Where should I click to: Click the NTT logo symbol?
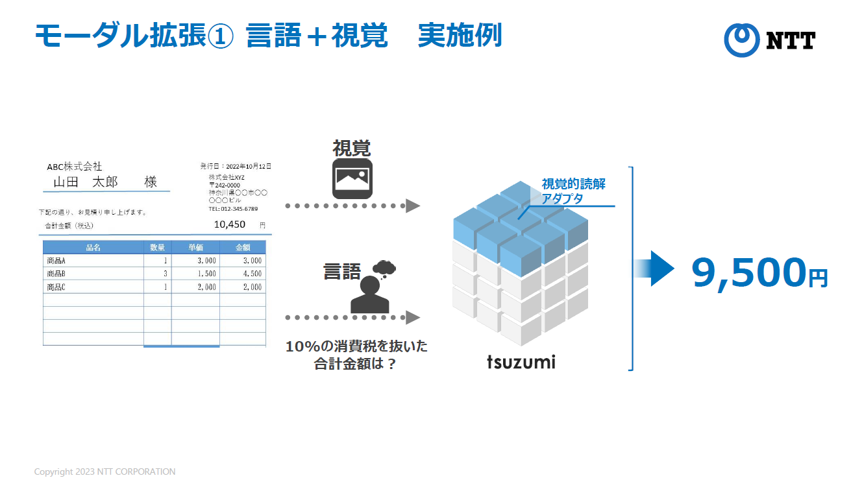741,40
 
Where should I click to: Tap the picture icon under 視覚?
352,178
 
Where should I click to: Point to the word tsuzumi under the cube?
521,361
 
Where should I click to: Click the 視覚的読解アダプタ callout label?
573,191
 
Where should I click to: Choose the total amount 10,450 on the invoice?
229,224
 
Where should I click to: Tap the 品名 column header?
93,247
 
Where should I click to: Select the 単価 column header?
195,247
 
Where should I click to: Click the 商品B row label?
56,274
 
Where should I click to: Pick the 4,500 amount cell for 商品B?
252,274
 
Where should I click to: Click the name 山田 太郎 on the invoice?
86,182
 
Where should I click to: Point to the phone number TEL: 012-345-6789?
233,209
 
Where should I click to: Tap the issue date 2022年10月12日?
249,167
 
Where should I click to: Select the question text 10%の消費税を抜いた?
356,346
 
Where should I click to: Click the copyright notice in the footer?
105,472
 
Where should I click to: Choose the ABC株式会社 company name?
75,167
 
